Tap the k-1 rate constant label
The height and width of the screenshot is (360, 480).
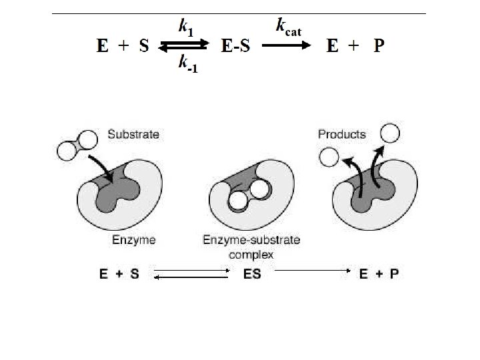point(187,64)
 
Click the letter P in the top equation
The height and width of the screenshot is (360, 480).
point(379,46)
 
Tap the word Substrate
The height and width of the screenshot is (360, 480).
point(133,135)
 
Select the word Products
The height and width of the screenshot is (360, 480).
point(341,135)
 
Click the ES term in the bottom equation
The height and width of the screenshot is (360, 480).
point(253,274)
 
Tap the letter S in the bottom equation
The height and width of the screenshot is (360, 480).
point(134,274)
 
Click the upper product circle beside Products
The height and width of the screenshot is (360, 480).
point(390,133)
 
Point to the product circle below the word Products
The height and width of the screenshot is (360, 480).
point(327,157)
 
